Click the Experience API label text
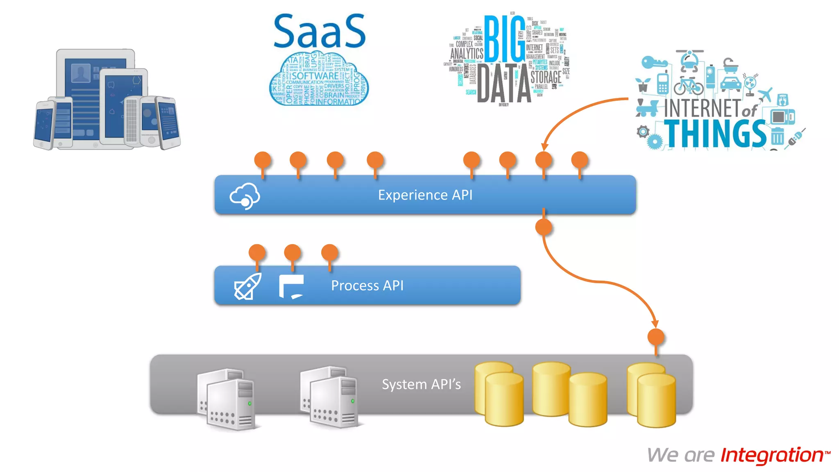pyautogui.click(x=425, y=195)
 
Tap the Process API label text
pyautogui.click(x=367, y=286)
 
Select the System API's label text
pyautogui.click(x=421, y=384)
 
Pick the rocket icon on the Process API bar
pyautogui.click(x=247, y=286)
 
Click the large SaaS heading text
pyautogui.click(x=319, y=32)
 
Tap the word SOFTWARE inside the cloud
pyautogui.click(x=315, y=76)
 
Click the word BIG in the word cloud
pyautogui.click(x=504, y=39)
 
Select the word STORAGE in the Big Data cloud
pyautogui.click(x=546, y=77)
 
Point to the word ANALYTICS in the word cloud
pyautogui.click(x=467, y=54)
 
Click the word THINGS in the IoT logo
pyautogui.click(x=715, y=134)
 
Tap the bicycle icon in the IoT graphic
pyautogui.click(x=688, y=85)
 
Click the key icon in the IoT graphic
pyautogui.click(x=654, y=63)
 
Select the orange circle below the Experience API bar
pyautogui.click(x=544, y=227)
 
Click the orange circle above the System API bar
pyautogui.click(x=655, y=337)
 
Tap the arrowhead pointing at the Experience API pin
pyautogui.click(x=544, y=147)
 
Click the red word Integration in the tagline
pyautogui.click(x=772, y=455)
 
